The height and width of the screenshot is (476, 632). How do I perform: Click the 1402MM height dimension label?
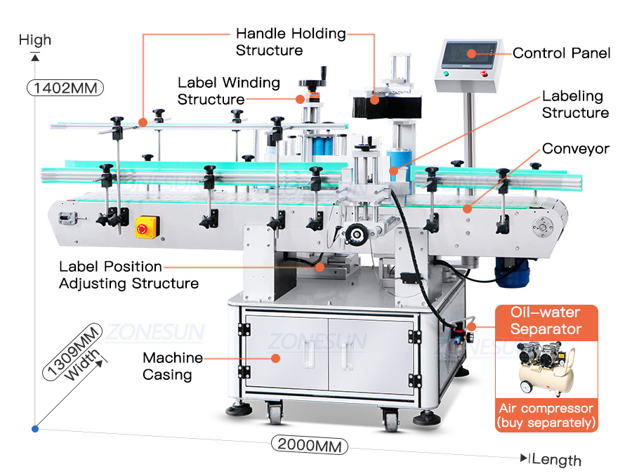click(x=65, y=88)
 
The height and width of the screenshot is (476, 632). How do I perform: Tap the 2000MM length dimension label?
click(x=309, y=444)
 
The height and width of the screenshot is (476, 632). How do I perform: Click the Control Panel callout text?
click(x=561, y=53)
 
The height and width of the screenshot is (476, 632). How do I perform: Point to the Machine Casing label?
click(x=173, y=366)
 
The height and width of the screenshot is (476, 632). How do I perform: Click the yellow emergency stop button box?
click(x=147, y=225)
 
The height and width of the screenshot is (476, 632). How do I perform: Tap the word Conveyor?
click(x=576, y=149)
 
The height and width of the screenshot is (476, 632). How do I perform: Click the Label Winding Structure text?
click(x=228, y=91)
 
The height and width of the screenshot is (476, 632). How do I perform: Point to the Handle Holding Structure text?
click(x=290, y=41)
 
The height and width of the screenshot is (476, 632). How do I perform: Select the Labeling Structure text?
click(x=574, y=104)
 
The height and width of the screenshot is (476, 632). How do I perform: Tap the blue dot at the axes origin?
click(x=34, y=428)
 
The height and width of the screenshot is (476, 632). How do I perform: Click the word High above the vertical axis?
click(x=35, y=39)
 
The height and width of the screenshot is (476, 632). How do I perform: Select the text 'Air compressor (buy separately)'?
click(x=546, y=415)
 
